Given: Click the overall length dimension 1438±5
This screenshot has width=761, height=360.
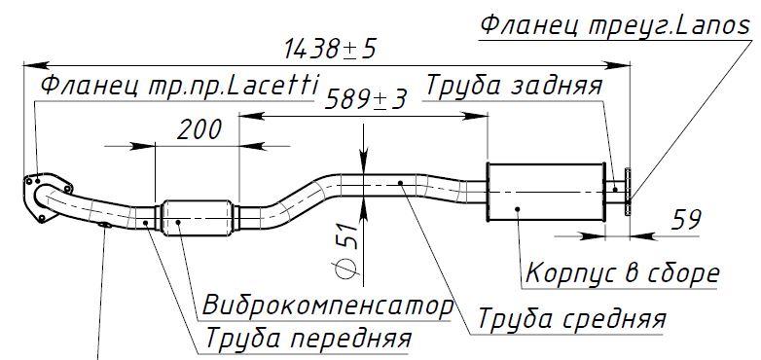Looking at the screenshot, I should [x=327, y=47].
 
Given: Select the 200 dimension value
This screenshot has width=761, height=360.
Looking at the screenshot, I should [x=199, y=127].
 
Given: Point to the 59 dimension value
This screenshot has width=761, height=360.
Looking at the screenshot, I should [x=686, y=221].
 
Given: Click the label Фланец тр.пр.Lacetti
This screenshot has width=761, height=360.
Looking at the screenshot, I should [x=180, y=87].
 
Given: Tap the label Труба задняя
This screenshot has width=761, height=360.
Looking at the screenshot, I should [x=517, y=86].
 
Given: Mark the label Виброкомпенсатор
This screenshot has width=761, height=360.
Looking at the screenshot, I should [x=328, y=306].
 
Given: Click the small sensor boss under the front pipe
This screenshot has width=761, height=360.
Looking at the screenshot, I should [x=103, y=229].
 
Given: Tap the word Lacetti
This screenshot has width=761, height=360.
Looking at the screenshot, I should [x=277, y=87].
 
